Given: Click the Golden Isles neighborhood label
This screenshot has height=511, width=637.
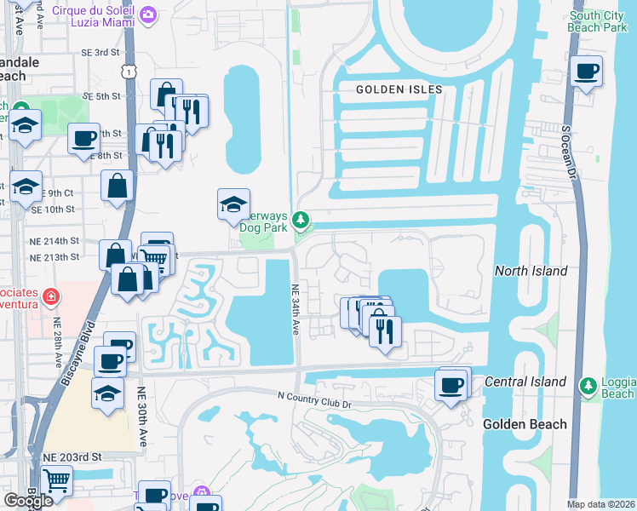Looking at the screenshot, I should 399,89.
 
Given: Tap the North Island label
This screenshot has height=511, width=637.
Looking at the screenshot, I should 531,271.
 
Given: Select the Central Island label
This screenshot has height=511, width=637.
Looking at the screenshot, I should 525,382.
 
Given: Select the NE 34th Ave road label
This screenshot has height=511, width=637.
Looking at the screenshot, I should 296,310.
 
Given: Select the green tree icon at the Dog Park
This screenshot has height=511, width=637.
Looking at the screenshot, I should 300,221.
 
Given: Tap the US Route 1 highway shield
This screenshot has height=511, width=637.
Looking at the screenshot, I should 128,74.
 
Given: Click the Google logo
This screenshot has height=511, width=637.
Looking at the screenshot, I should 28,501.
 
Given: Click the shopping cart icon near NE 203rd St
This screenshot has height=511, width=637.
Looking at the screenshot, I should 56,480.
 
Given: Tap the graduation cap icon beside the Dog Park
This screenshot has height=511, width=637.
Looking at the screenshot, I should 233,204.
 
